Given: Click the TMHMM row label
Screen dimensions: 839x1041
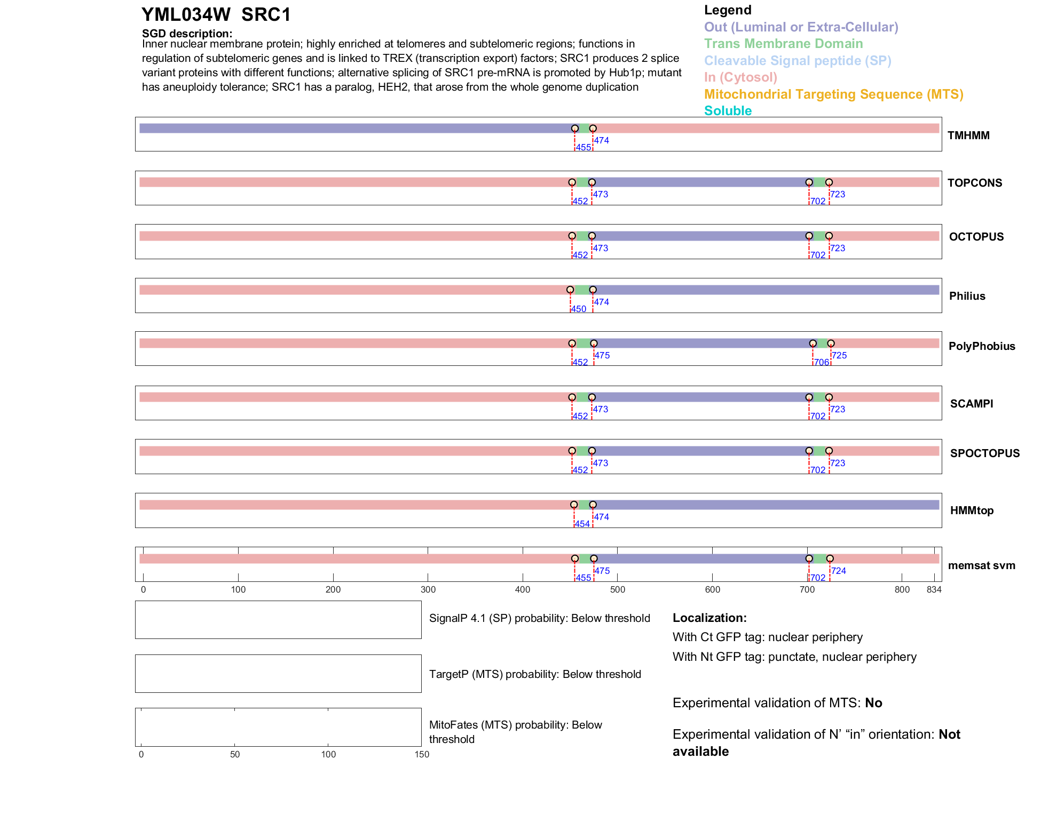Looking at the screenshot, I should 968,135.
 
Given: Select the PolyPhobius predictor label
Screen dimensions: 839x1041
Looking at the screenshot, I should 981,346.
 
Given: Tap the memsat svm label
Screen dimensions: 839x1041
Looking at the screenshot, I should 981,565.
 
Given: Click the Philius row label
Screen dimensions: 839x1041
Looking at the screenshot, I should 967,296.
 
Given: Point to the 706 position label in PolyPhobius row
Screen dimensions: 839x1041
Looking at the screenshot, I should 821,363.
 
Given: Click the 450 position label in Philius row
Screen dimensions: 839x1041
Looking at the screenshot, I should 578,309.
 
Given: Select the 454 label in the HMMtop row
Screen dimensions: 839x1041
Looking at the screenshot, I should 582,524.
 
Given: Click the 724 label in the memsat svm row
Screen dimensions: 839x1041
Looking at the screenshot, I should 838,571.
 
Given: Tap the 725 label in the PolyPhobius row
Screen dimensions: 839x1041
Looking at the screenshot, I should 839,356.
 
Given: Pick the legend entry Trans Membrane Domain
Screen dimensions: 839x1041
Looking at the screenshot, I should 783,44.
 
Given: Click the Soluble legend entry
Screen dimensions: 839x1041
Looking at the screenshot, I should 728,111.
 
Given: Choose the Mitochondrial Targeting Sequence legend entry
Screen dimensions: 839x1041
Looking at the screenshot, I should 833,94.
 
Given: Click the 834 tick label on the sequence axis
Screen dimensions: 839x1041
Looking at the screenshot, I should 934,590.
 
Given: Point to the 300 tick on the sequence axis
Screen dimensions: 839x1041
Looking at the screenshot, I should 428,590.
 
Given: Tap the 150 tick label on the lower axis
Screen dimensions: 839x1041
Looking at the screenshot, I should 422,755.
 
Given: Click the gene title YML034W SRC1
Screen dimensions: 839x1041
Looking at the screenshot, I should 216,15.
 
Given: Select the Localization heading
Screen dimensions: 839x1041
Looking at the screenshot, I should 709,618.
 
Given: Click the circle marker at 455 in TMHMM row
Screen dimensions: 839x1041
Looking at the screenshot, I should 575,129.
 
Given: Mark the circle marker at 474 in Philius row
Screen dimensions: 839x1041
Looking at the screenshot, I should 593,290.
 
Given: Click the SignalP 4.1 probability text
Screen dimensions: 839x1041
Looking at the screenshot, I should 539,619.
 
